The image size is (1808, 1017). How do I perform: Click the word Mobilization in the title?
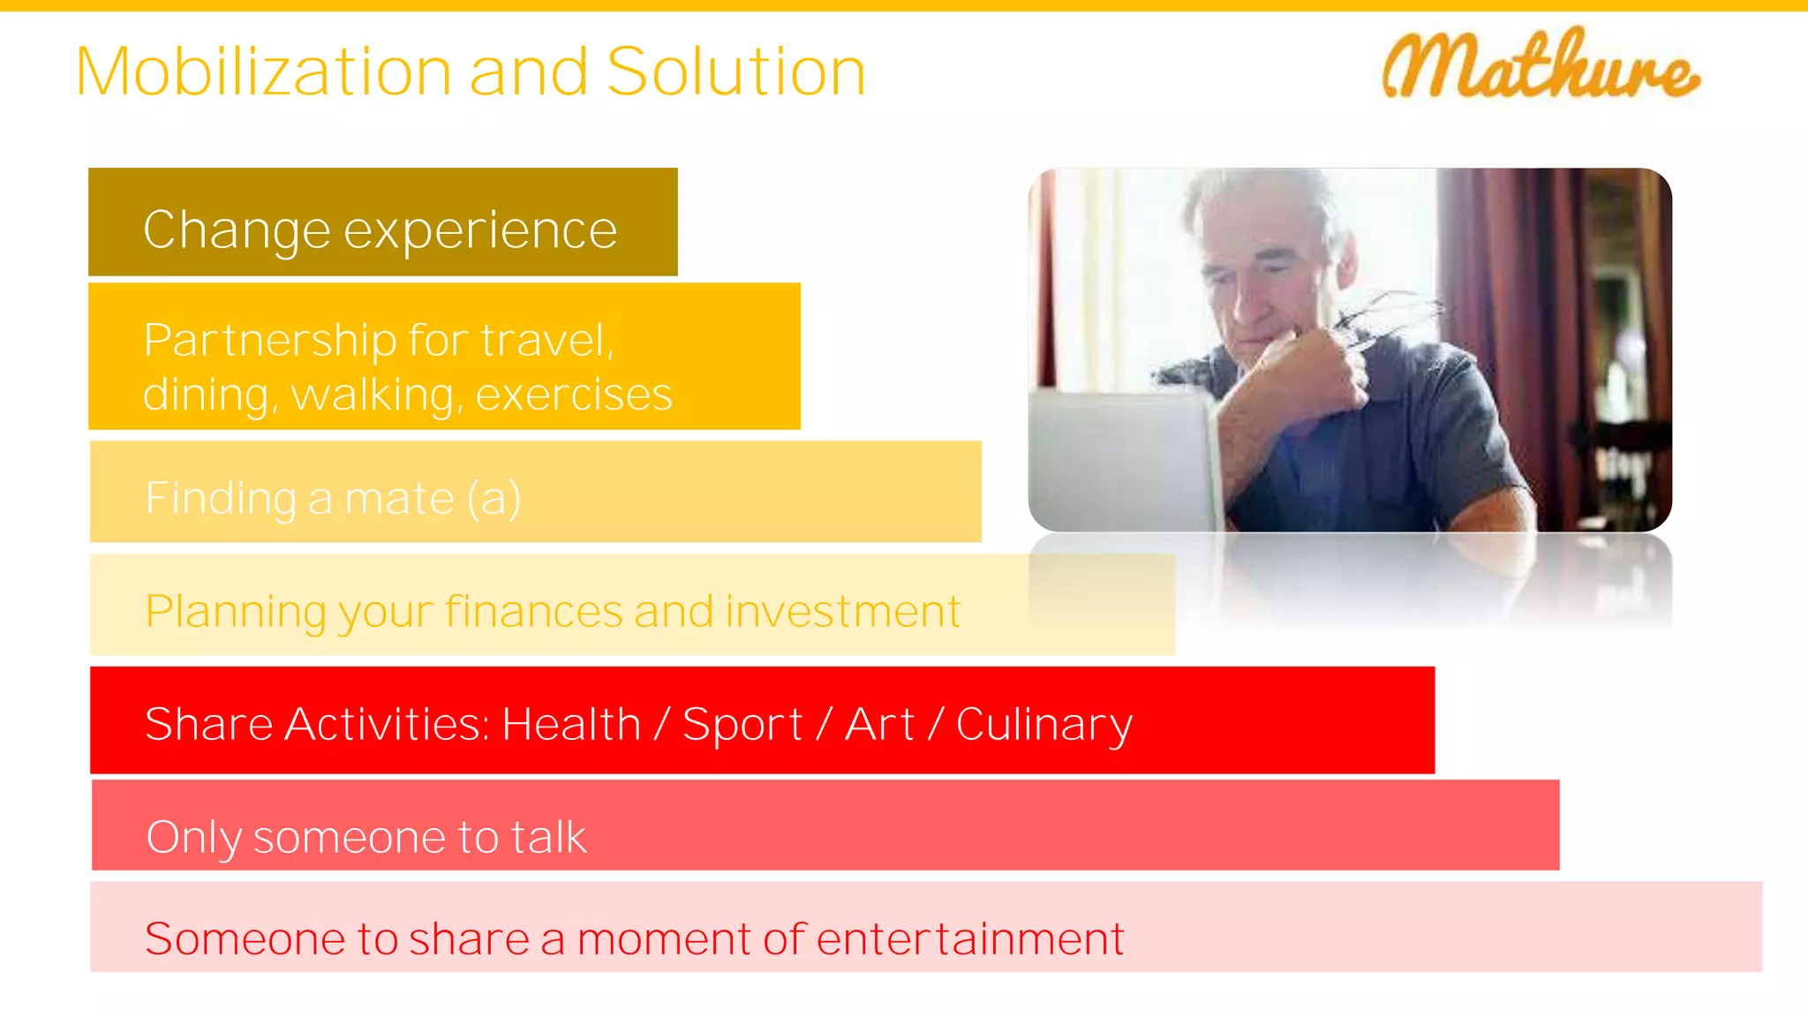tap(264, 72)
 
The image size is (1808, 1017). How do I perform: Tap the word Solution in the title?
tap(736, 72)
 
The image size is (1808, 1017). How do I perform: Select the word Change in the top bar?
tap(237, 230)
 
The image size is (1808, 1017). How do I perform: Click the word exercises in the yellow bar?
tap(574, 395)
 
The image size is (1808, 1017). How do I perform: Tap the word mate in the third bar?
tap(399, 499)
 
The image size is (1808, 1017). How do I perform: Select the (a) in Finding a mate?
tap(494, 500)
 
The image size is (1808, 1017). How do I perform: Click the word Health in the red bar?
tap(571, 725)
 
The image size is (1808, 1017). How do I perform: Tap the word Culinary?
tap(1043, 726)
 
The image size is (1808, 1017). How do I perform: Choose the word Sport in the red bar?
tap(742, 726)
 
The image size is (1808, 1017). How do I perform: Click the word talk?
tap(548, 837)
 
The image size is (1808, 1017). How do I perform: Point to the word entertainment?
tap(970, 938)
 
